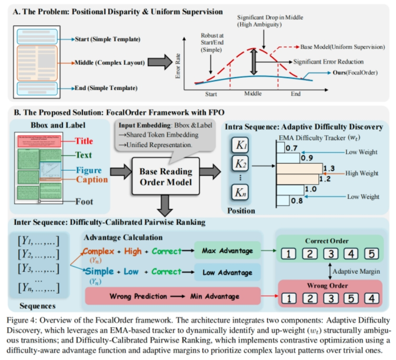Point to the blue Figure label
pyautogui.click(x=88, y=170)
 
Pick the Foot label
pyautogui.click(x=84, y=202)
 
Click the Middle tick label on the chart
pyautogui.click(x=253, y=93)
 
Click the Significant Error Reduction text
pyautogui.click(x=329, y=62)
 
